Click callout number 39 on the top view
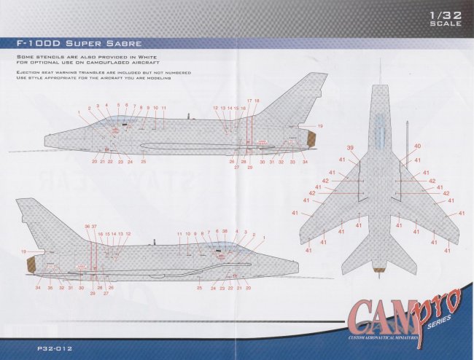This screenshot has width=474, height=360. tap(351, 148)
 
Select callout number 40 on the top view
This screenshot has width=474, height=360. tap(418, 146)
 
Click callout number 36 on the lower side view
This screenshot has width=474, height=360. tap(88, 227)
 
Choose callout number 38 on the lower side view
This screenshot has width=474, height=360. tap(225, 231)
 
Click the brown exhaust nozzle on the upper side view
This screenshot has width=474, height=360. tap(310, 139)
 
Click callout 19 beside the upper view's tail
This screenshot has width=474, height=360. tap(319, 126)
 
